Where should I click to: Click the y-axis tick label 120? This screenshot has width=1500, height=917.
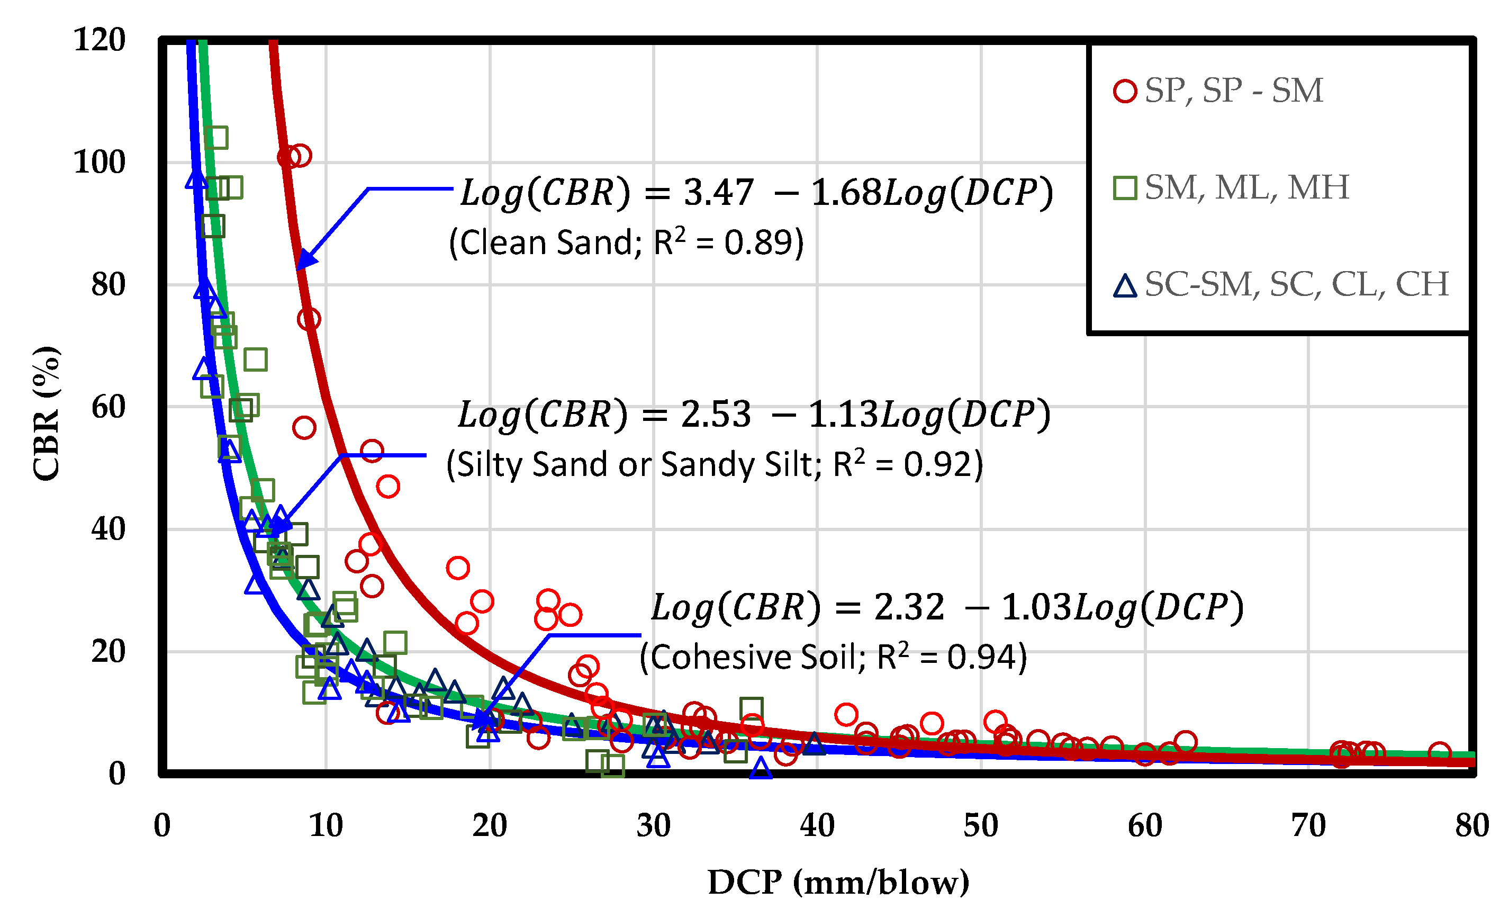(99, 40)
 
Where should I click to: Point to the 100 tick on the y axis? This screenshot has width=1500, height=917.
(99, 163)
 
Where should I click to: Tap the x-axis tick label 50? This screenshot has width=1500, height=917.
(981, 825)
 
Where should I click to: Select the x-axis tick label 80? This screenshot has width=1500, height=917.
(1472, 825)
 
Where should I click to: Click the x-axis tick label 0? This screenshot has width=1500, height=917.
(162, 825)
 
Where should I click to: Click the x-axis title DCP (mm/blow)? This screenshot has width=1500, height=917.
(838, 882)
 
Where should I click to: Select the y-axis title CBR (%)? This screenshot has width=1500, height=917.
(46, 414)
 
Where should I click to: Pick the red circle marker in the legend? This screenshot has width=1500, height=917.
(1125, 92)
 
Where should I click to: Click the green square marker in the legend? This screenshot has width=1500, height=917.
(1125, 188)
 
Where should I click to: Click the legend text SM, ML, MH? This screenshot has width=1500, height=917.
(1247, 187)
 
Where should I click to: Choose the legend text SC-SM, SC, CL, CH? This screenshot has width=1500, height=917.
(1297, 284)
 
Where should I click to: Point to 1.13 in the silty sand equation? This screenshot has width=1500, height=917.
(844, 415)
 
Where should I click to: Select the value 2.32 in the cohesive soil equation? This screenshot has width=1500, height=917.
(909, 608)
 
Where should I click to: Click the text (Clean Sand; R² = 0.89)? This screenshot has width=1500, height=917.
(626, 242)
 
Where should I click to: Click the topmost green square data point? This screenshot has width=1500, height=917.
(216, 138)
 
